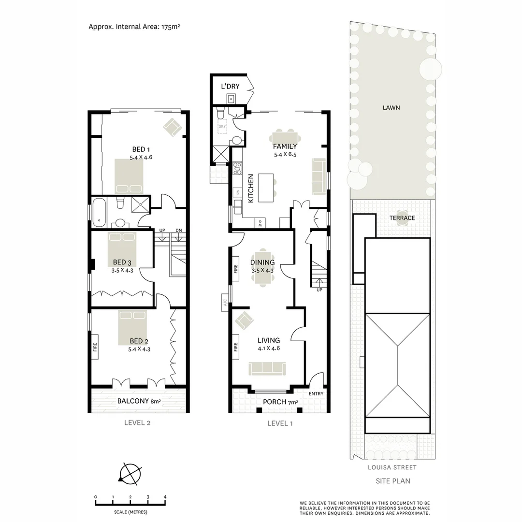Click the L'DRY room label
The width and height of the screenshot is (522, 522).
230,87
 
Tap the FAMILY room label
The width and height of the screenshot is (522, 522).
285,146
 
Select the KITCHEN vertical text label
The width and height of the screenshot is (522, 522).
251,188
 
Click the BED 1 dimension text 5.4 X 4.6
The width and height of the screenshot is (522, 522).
141,157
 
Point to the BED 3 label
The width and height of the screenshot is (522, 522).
119,262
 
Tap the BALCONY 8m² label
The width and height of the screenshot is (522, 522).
139,401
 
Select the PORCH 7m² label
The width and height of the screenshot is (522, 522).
280,402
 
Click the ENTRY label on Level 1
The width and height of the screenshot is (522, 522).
316,393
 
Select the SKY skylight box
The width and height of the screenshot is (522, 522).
222,127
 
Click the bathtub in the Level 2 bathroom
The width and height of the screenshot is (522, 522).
99,212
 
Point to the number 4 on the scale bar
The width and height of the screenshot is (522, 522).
165,497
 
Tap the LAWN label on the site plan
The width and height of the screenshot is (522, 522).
391,108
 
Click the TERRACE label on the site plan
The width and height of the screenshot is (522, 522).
402,218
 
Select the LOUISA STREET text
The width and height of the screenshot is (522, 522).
391,467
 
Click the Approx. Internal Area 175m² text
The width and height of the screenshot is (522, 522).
134,27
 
